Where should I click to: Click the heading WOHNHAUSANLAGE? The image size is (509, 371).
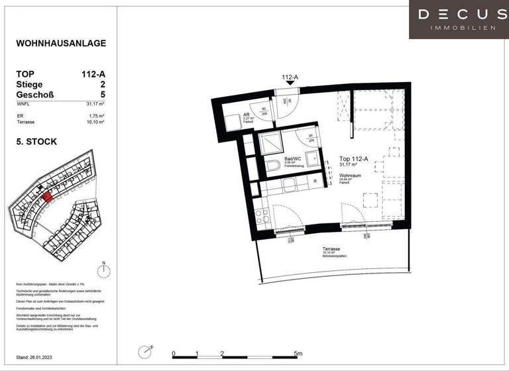click(60, 44)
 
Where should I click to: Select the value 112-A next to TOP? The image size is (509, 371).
click(93, 74)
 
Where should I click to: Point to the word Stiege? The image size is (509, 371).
click(29, 85)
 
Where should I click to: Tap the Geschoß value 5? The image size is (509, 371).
click(103, 95)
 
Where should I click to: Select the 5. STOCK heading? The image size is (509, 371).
click(36, 142)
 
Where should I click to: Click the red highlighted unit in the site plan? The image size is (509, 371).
click(46, 197)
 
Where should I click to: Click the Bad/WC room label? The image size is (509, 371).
click(292, 160)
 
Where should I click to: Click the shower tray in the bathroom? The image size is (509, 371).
click(272, 142)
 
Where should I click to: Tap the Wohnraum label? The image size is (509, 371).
click(351, 175)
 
